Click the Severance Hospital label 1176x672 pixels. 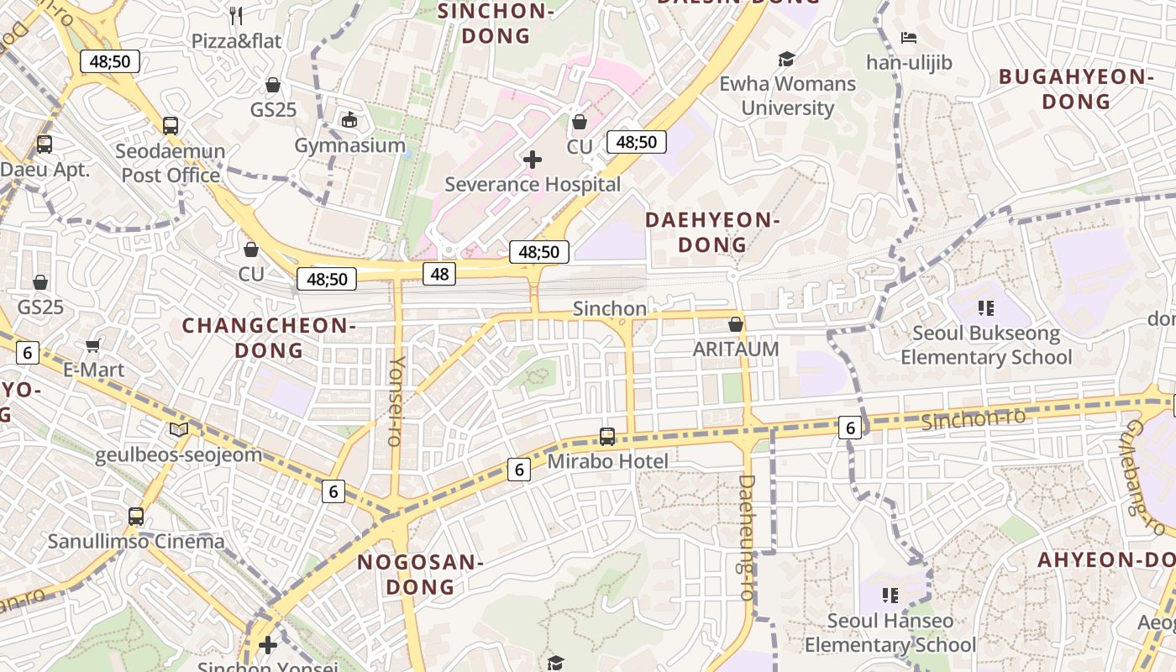tap(533, 185)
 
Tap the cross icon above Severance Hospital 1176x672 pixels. tap(533, 160)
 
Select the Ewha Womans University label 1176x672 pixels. tap(787, 96)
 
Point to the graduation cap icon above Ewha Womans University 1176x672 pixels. tap(786, 59)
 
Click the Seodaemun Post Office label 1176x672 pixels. tap(171, 164)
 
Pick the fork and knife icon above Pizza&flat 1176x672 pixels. tap(236, 15)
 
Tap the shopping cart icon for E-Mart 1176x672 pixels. tap(93, 345)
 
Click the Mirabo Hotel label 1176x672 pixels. tap(607, 461)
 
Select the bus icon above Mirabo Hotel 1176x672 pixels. tap(607, 437)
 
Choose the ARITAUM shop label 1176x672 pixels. tap(736, 349)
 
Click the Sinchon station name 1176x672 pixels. tap(610, 309)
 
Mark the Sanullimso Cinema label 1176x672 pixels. tap(136, 541)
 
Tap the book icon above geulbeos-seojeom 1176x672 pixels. tap(178, 430)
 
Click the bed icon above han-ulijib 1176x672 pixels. tap(909, 38)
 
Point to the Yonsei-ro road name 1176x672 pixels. tap(396, 401)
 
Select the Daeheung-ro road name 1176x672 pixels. tap(747, 538)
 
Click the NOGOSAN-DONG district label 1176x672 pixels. tap(420, 575)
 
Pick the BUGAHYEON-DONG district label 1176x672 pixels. tap(1076, 89)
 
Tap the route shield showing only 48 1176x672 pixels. tap(439, 273)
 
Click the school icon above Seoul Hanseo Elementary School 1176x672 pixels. tap(890, 596)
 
